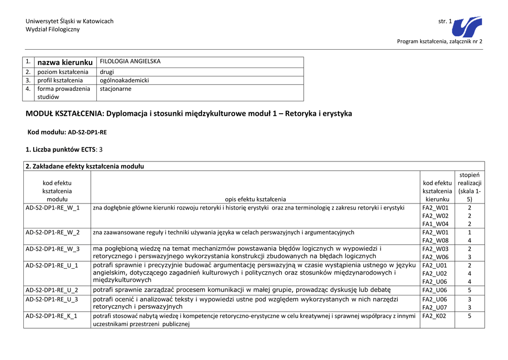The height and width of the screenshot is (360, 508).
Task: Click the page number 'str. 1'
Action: [445, 21]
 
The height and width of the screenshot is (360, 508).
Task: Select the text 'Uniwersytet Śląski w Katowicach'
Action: [69, 21]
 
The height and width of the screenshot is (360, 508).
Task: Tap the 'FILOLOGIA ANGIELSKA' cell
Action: [130, 62]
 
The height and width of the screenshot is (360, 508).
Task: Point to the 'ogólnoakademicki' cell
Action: [124, 80]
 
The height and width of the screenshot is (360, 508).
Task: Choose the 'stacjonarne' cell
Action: [116, 89]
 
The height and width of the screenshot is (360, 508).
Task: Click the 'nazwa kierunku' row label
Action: [65, 62]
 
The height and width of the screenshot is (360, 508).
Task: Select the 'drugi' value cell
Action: [107, 72]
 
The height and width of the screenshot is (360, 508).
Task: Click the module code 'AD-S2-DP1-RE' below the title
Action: [87, 133]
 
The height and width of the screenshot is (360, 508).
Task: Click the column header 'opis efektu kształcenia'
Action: [255, 199]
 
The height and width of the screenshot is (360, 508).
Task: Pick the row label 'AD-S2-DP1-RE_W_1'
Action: [52, 208]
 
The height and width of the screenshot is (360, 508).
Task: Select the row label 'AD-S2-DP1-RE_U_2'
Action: [52, 290]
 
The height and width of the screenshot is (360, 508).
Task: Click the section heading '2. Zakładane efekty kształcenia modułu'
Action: [84, 166]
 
